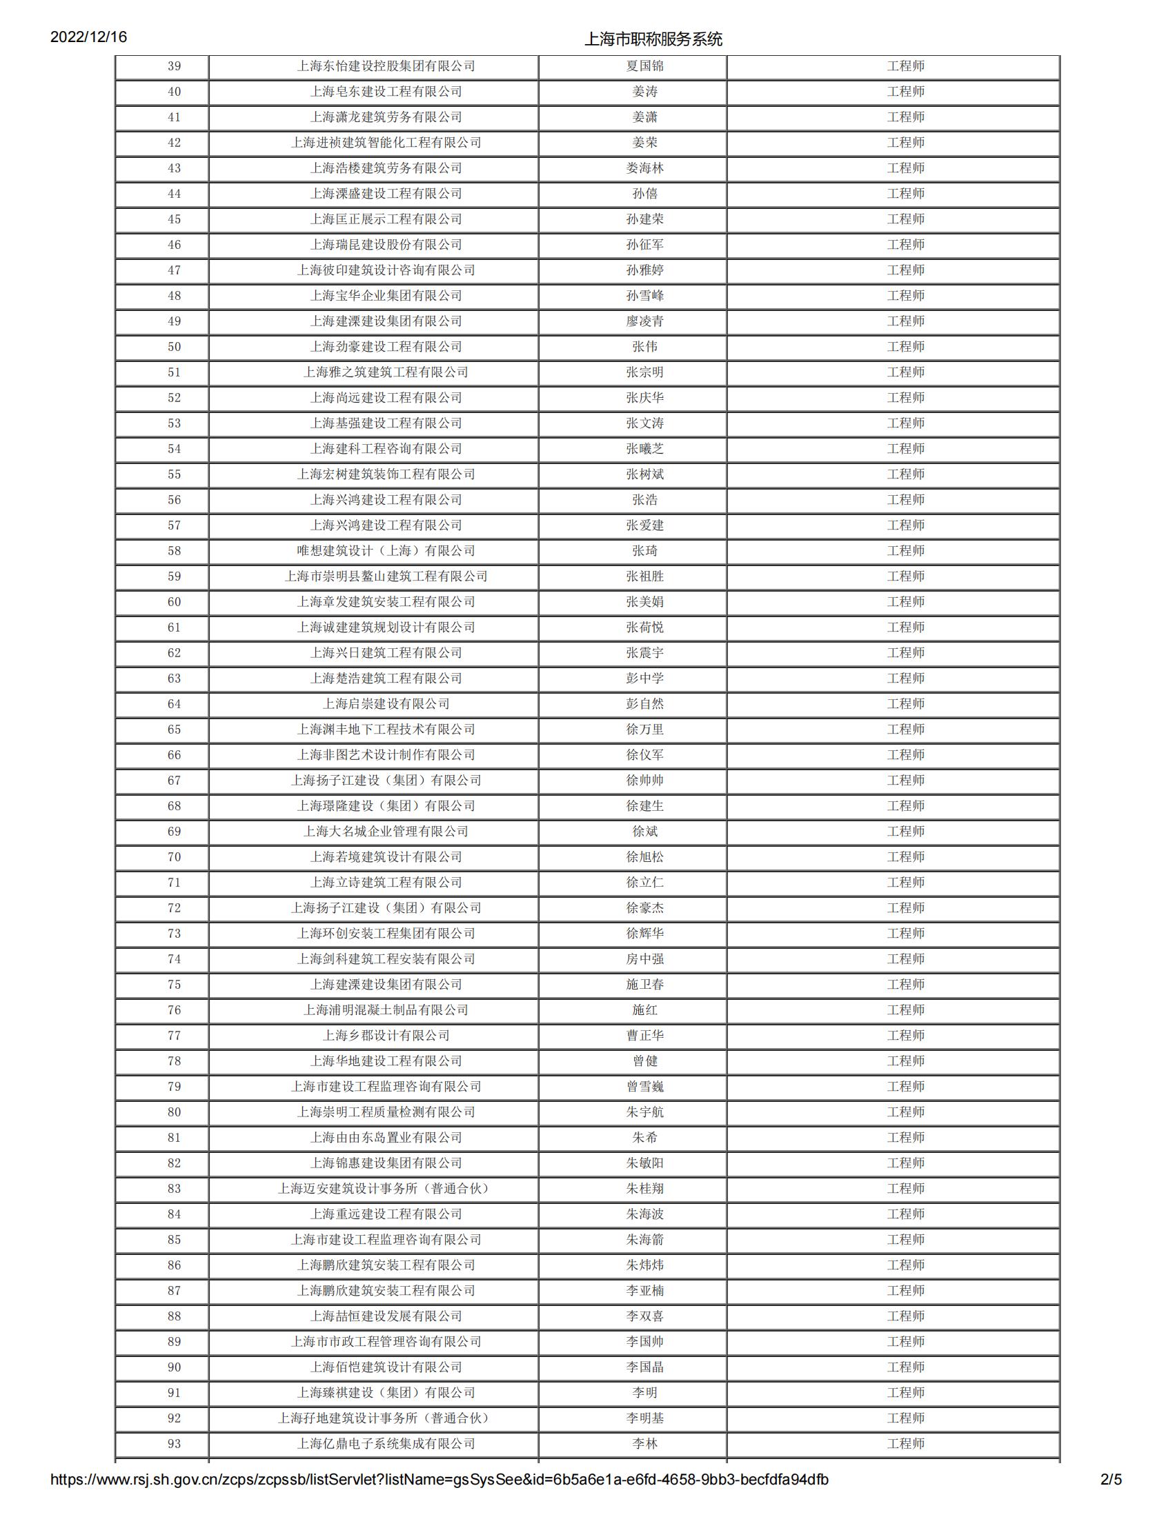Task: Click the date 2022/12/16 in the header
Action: click(x=88, y=37)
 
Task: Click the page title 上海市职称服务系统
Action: click(x=653, y=39)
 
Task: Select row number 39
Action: click(x=174, y=66)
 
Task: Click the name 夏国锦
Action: click(x=644, y=66)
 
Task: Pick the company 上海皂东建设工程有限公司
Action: click(x=386, y=92)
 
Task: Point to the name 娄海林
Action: click(x=644, y=168)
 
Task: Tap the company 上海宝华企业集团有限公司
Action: click(x=386, y=296)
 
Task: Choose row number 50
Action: click(x=174, y=347)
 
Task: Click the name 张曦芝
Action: click(x=644, y=449)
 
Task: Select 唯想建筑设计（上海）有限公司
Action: click(x=386, y=551)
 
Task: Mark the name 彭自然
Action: click(x=644, y=703)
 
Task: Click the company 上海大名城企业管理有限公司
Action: click(x=386, y=832)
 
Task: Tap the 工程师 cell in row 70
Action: click(x=905, y=857)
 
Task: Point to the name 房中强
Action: click(x=644, y=959)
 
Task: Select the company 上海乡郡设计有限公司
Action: click(x=386, y=1036)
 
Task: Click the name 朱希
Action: click(x=644, y=1138)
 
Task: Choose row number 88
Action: click(x=174, y=1316)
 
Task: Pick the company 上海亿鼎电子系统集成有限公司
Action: click(x=386, y=1444)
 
